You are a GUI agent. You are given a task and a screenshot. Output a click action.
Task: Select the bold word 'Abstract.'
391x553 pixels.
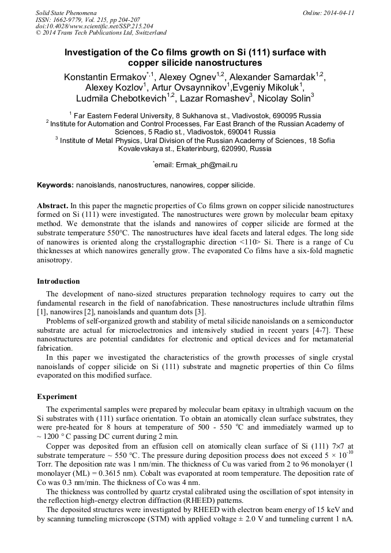53,205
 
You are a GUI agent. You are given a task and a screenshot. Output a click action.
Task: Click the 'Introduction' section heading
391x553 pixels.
58,281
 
